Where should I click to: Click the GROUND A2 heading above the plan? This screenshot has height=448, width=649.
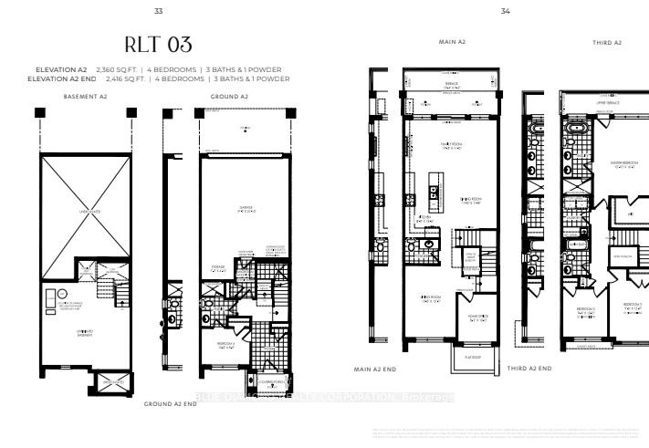point(230,96)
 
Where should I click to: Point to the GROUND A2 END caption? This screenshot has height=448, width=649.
point(171,402)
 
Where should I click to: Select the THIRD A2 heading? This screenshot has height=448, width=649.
point(606,43)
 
